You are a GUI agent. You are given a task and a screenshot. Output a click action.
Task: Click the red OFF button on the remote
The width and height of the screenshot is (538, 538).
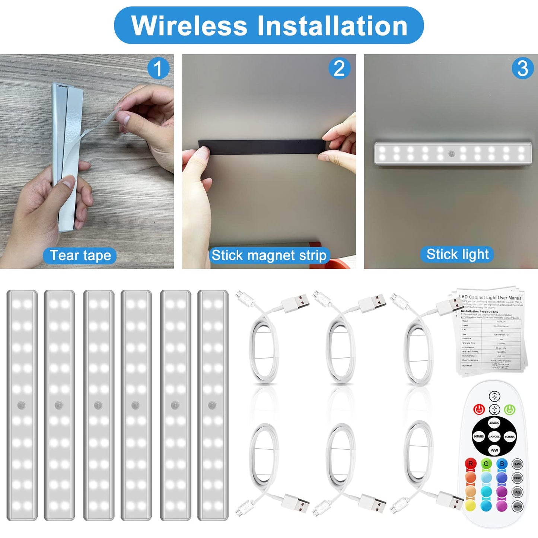point(479,410)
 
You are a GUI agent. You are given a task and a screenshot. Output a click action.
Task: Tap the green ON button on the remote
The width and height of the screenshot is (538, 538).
point(509,410)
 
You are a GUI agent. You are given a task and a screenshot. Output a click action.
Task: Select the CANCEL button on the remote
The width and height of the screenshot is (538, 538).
point(494,436)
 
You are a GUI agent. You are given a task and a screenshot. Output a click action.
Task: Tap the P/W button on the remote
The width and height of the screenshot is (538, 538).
point(494,450)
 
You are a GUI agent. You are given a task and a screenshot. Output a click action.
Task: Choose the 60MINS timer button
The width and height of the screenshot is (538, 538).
point(478,436)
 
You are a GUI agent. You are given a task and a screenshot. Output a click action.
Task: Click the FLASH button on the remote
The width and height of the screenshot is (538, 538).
point(517,464)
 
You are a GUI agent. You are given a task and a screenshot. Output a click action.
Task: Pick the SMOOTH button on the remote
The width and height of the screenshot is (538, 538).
point(517,506)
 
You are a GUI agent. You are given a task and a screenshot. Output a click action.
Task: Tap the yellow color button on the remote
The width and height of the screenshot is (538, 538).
point(471,505)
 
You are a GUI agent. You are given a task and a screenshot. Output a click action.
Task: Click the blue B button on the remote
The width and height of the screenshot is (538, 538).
point(502,464)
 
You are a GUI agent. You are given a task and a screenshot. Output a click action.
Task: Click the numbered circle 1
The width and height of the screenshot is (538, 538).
point(158,69)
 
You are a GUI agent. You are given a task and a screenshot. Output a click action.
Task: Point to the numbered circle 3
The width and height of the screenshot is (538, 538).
point(523,69)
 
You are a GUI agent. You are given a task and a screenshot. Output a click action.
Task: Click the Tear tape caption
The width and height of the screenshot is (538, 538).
point(80,256)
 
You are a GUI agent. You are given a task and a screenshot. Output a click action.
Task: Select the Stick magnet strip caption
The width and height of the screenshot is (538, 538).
point(269,255)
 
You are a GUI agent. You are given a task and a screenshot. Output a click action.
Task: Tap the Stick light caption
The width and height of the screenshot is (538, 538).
point(457,254)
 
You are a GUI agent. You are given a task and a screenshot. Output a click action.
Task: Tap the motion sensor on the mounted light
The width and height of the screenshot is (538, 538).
point(452,154)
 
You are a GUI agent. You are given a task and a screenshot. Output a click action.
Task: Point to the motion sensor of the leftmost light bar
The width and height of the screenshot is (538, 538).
point(22,405)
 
